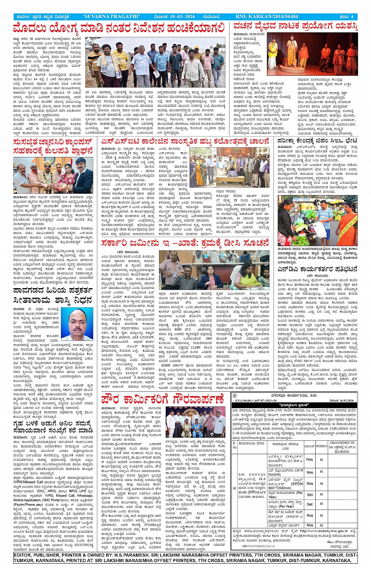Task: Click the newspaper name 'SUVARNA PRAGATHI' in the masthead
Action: tap(111, 17)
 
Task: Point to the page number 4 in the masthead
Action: tap(352, 17)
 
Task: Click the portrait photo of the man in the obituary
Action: tap(77, 325)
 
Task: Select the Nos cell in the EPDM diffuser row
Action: tap(310, 483)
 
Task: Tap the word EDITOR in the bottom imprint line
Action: tap(24, 555)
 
